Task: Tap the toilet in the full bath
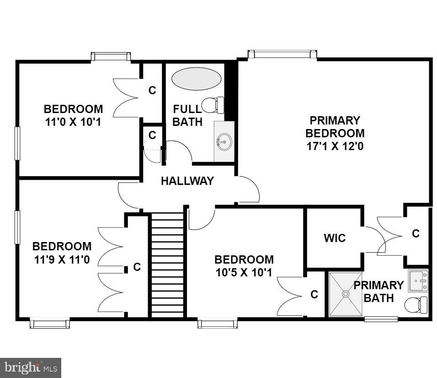click(213, 105)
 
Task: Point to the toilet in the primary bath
click(416, 304)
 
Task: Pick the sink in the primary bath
click(418, 280)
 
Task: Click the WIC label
click(334, 238)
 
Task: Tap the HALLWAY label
click(187, 181)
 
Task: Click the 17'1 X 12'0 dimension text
click(335, 146)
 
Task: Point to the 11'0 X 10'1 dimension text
click(74, 123)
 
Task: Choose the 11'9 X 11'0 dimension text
click(62, 260)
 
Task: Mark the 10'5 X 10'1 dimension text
click(244, 273)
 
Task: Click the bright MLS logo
click(30, 367)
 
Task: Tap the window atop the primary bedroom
click(282, 54)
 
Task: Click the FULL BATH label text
click(187, 115)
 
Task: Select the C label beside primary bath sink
click(416, 233)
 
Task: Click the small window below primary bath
click(381, 319)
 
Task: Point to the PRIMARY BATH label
click(379, 292)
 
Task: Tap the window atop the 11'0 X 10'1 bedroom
click(111, 56)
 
